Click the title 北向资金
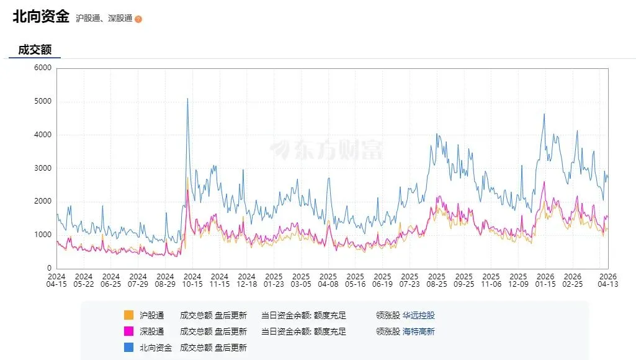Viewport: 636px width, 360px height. click(41, 17)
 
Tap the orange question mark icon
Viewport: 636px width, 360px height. click(138, 19)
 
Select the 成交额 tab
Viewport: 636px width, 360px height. click(35, 50)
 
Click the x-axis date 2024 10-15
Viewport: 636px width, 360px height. click(192, 280)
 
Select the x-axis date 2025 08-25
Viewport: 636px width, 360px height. click(437, 280)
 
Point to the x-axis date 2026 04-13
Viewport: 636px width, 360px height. click(607, 280)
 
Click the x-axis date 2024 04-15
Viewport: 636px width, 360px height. click(56, 280)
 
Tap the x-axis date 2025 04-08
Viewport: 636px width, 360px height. click(328, 280)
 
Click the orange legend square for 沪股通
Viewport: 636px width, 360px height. click(128, 315)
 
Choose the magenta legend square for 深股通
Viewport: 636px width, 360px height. click(128, 331)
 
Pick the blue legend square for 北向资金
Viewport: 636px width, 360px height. click(128, 348)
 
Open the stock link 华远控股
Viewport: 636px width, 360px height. click(419, 315)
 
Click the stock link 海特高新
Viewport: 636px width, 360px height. click(419, 331)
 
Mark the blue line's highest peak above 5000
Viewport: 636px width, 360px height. click(187, 99)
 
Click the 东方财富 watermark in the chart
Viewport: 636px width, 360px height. click(326, 150)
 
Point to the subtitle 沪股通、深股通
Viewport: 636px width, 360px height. click(104, 19)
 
